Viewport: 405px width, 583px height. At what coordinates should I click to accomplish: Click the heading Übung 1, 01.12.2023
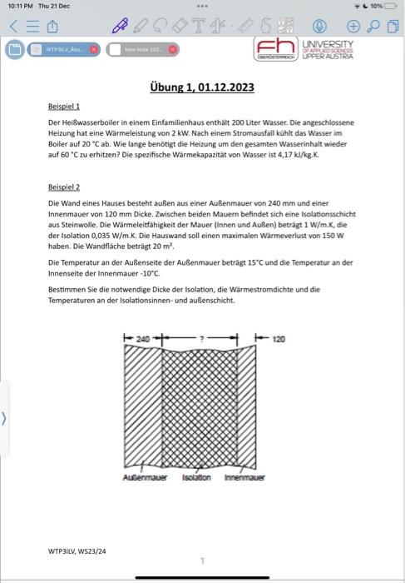pos(202,87)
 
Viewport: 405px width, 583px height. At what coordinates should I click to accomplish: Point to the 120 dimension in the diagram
pos(279,340)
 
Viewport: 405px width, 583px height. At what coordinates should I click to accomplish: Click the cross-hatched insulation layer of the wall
pos(200,408)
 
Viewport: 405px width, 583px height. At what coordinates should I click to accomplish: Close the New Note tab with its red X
pos(173,49)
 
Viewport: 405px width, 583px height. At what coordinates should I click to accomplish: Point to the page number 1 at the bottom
pos(202,561)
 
